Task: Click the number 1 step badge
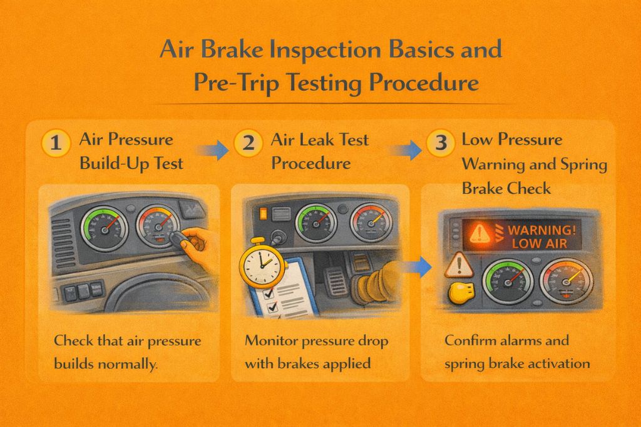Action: coord(56,143)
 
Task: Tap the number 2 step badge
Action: coord(248,143)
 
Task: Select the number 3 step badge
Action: coord(440,143)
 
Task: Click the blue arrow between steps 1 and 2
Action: coord(212,150)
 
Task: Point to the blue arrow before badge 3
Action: coord(405,150)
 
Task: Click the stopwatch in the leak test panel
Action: coord(261,263)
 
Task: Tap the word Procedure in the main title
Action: coord(424,83)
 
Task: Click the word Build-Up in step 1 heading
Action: coord(109,164)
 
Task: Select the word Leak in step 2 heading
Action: coord(319,139)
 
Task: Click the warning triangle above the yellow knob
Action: coord(459,264)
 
